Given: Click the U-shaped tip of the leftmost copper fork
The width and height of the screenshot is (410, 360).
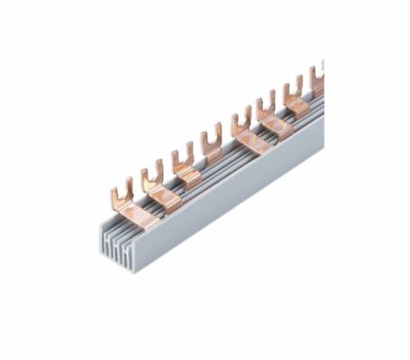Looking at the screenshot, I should tap(122, 190).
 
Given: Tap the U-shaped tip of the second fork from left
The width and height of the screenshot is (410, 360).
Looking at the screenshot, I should tap(152, 171).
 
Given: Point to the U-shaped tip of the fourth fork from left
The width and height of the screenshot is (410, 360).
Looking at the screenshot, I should tap(212, 136).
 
